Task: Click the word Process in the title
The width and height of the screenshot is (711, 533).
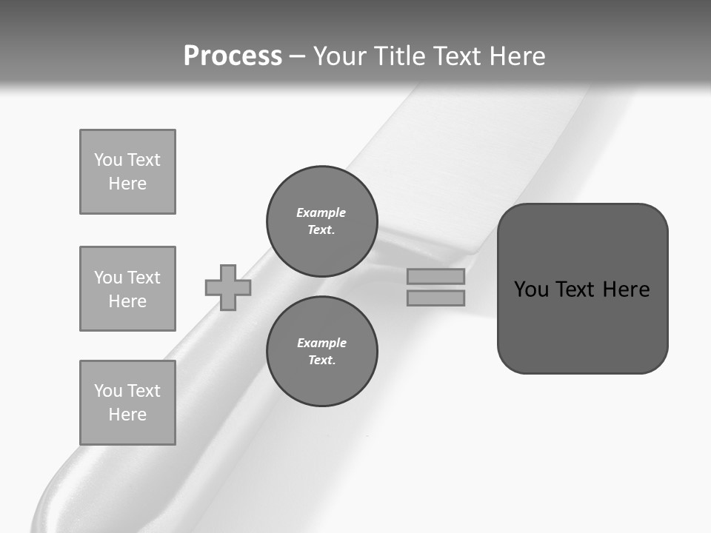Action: (233, 56)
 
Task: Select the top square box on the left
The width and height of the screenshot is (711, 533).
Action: (127, 172)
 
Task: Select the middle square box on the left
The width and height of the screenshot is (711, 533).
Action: (127, 289)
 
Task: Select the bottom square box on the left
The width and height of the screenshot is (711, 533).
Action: (127, 403)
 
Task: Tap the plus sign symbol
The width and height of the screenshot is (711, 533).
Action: (228, 287)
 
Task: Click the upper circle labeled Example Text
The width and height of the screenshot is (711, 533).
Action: (322, 221)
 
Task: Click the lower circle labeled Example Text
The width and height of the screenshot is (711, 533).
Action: (322, 351)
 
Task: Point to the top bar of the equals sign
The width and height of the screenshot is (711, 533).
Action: (436, 276)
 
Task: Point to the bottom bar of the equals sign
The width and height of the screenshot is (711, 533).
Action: (436, 298)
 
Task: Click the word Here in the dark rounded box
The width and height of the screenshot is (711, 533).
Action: (626, 289)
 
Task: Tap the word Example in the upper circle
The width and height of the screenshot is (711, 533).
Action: (321, 212)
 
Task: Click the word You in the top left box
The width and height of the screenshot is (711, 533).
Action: (108, 160)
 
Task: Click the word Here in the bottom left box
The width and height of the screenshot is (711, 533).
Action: (127, 415)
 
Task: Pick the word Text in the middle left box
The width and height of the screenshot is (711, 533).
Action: (144, 278)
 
